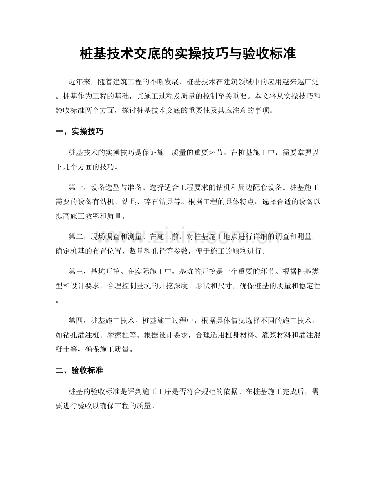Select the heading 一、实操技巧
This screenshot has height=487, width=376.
(79, 132)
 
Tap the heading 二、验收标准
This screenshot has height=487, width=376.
(79, 371)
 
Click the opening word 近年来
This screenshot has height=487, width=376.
(82, 81)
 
